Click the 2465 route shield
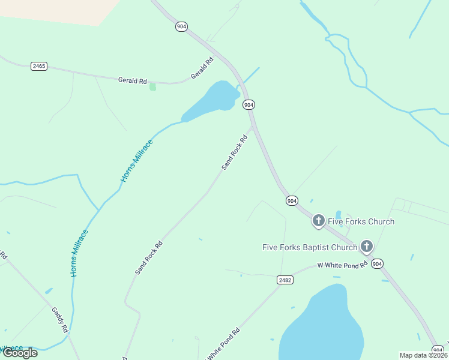pyautogui.click(x=39, y=66)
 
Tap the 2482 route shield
pyautogui.click(x=285, y=280)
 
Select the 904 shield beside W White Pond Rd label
pyautogui.click(x=377, y=263)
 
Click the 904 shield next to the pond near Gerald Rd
pyautogui.click(x=249, y=105)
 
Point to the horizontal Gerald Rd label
pyautogui.click(x=133, y=80)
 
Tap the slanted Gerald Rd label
pyautogui.click(x=202, y=68)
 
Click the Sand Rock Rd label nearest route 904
pyautogui.click(x=234, y=152)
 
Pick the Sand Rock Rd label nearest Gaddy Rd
pyautogui.click(x=149, y=257)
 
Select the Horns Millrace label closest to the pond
pyautogui.click(x=137, y=161)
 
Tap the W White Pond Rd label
pyautogui.click(x=342, y=265)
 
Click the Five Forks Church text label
pyautogui.click(x=361, y=221)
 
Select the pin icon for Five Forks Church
pyautogui.click(x=318, y=221)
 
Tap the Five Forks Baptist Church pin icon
pyautogui.click(x=366, y=247)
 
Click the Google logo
pyautogui.click(x=20, y=353)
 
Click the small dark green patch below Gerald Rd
pyautogui.click(x=152, y=87)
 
